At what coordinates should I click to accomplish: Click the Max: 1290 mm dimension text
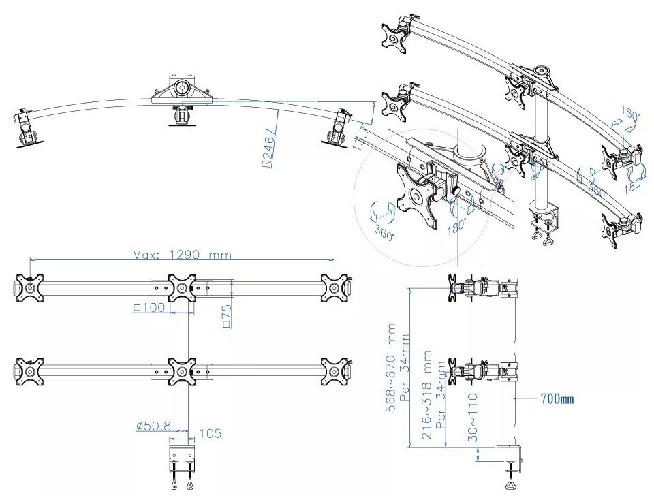coord(182,255)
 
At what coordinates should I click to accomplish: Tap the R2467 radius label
coord(268,149)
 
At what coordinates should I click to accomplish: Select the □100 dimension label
coord(150,308)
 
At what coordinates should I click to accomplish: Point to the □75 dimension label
coord(228,316)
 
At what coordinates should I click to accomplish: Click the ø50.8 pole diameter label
coord(153,427)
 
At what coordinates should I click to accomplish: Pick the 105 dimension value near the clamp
coord(211,433)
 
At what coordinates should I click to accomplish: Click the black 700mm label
coord(557,398)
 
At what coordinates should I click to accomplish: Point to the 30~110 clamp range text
coord(473,417)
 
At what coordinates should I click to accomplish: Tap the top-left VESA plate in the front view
coord(30,287)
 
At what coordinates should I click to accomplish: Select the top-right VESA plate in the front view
coord(334,287)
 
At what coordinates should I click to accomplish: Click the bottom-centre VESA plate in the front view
coord(182,372)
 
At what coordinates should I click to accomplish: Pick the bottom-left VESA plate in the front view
coord(30,372)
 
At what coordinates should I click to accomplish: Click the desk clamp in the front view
coord(182,463)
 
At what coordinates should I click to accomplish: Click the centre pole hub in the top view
coord(182,89)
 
